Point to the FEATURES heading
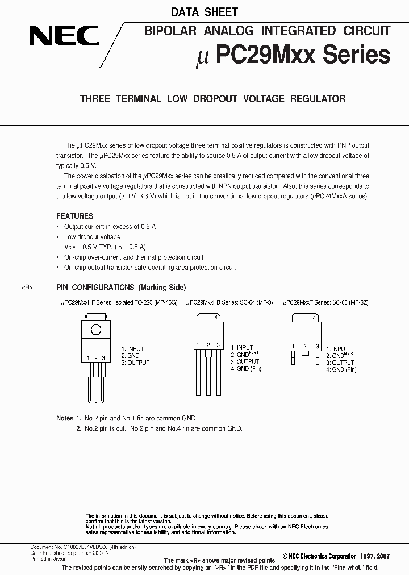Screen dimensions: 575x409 [x=74, y=216]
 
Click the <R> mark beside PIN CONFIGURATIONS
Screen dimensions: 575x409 [x=27, y=287]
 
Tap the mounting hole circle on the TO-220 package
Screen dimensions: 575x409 [x=96, y=329]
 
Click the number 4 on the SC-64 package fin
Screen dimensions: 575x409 [x=216, y=318]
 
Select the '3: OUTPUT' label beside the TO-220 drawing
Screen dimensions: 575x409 [x=135, y=363]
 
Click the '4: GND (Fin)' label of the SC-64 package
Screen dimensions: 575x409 [x=245, y=369]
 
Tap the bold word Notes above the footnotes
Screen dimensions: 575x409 [x=65, y=419]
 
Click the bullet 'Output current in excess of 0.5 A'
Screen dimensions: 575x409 [x=110, y=227]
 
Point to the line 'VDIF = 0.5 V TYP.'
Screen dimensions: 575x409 [x=105, y=247]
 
